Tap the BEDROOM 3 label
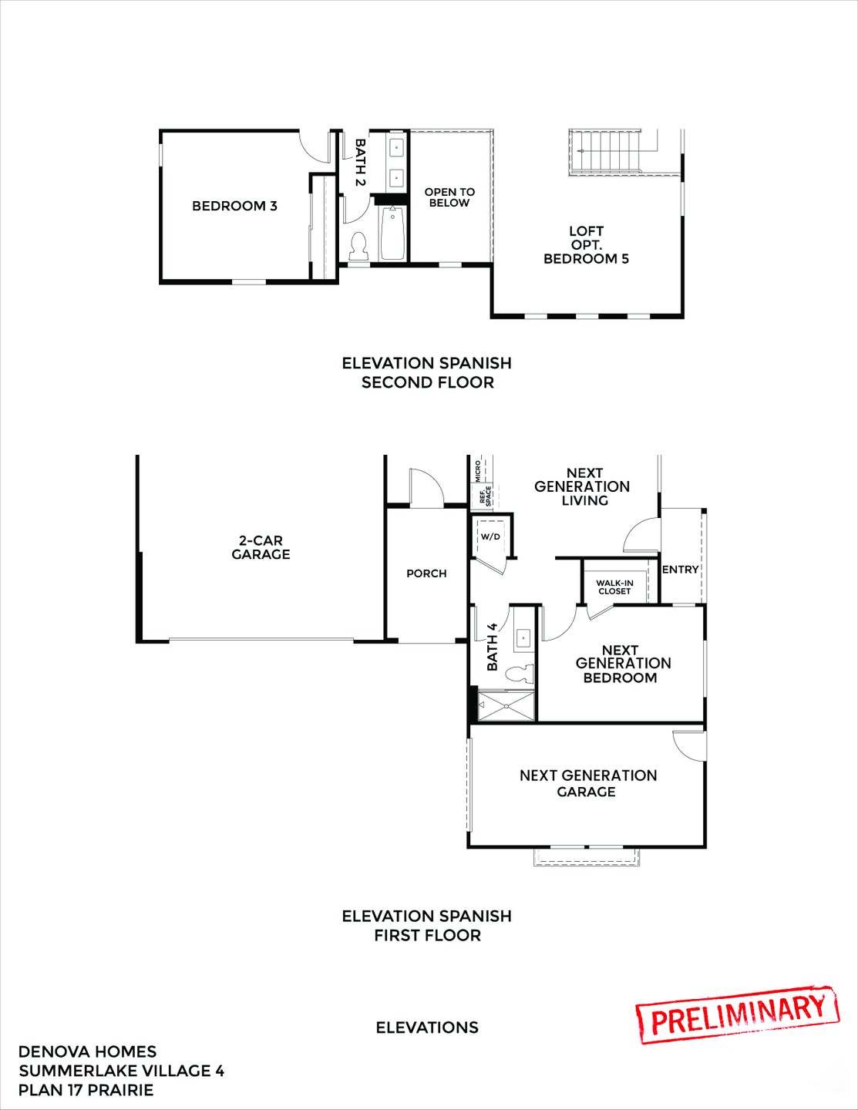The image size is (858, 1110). [x=234, y=206]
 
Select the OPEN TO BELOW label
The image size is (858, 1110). [x=449, y=197]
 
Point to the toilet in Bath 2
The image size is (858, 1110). [x=358, y=246]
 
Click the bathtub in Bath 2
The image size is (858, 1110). [x=392, y=232]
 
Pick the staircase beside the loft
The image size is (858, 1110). [x=605, y=152]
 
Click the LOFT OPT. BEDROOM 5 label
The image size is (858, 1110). [x=586, y=244]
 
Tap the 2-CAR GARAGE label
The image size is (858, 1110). [x=261, y=547]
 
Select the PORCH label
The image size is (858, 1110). [x=426, y=573]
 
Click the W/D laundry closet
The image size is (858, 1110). [x=491, y=536]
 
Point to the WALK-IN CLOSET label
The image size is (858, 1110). [x=614, y=587]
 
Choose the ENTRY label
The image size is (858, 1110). [x=680, y=570]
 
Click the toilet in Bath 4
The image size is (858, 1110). [x=519, y=674]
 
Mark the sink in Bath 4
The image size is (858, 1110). [x=523, y=637]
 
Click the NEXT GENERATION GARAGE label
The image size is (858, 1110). [x=587, y=783]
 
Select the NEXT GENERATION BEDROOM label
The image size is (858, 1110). [x=623, y=664]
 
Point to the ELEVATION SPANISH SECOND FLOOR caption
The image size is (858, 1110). [x=427, y=372]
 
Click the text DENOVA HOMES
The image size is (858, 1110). [x=87, y=1051]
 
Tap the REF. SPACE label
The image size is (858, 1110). [x=484, y=496]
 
